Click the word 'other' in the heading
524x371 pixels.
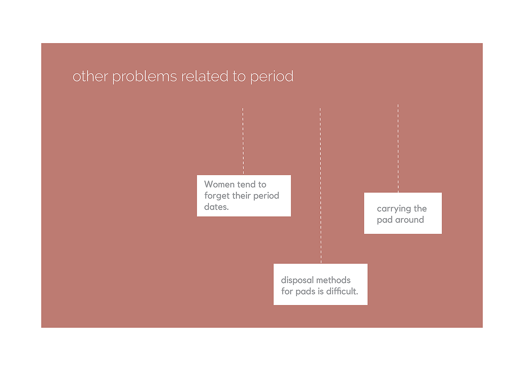[90, 76]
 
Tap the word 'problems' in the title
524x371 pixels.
[144, 76]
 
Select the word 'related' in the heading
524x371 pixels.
[205, 76]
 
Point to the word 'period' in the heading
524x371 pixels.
[272, 76]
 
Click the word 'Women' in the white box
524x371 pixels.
[219, 184]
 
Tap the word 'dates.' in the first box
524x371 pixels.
[216, 207]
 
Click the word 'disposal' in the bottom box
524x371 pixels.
[297, 280]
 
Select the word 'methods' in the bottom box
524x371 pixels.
[333, 280]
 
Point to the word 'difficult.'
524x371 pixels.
[342, 291]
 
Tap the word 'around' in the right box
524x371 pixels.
[409, 220]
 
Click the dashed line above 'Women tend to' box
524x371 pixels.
[243, 141]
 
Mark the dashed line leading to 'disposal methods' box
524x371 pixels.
[320, 186]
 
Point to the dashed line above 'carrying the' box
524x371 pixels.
[398, 148]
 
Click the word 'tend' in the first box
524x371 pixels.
[246, 184]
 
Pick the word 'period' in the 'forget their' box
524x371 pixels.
[266, 196]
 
